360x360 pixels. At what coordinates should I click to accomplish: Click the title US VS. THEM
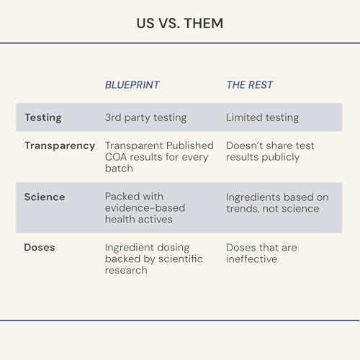point(180,24)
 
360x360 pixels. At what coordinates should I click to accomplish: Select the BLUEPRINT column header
point(132,85)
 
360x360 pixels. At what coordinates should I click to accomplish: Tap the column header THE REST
point(250,85)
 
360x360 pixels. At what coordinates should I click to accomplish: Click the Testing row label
point(43,117)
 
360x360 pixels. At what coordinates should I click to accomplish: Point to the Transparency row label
point(60,146)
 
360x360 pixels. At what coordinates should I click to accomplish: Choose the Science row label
point(45,197)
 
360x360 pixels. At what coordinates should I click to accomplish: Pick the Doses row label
point(40,248)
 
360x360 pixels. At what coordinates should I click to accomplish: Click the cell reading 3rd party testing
point(145,118)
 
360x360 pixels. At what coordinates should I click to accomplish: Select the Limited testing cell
point(262,117)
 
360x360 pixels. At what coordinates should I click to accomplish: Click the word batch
point(119,168)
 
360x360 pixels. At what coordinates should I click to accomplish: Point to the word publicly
point(281,158)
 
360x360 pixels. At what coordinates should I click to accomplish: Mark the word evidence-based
point(145,208)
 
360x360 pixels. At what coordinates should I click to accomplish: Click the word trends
point(243,209)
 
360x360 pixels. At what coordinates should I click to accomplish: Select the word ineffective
point(251,258)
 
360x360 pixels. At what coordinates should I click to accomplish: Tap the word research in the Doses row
point(126,271)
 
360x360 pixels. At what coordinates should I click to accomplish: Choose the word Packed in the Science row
point(120,197)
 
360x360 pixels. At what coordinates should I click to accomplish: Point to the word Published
point(190,145)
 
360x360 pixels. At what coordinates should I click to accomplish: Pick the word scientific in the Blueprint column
point(181,258)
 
